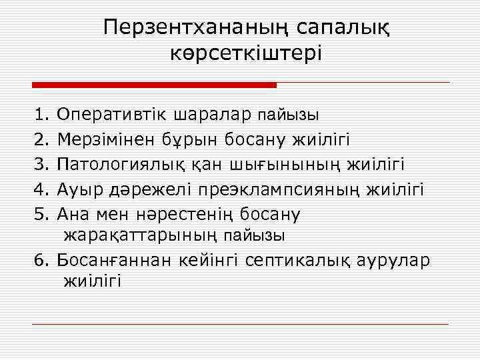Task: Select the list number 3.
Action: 39,164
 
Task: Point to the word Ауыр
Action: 78,189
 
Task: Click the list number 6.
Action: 39,259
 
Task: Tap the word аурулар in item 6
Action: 402,259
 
